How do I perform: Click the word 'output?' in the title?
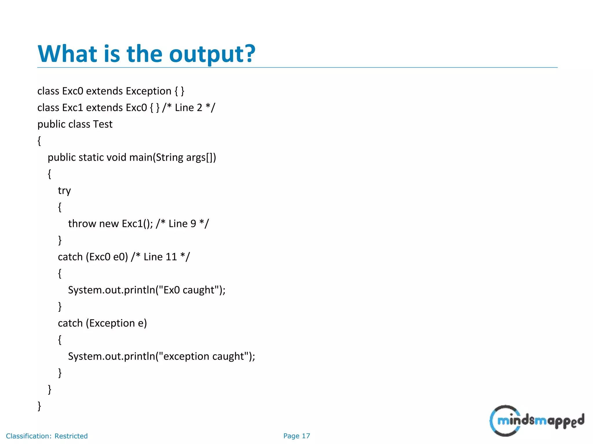pos(212,54)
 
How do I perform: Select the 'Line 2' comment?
pos(188,108)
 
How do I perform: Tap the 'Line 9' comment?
pos(182,223)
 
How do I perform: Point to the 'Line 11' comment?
pos(160,257)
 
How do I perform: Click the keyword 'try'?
pos(64,191)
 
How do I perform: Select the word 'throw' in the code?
pos(82,223)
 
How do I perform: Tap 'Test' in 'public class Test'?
pos(103,124)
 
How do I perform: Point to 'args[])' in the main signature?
pos(201,158)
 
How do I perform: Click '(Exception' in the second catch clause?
pos(110,323)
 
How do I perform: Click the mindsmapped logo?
pos(537,420)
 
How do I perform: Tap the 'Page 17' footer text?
pos(296,436)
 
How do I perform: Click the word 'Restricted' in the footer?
pos(71,436)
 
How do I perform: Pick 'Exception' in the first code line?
pos(149,91)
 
